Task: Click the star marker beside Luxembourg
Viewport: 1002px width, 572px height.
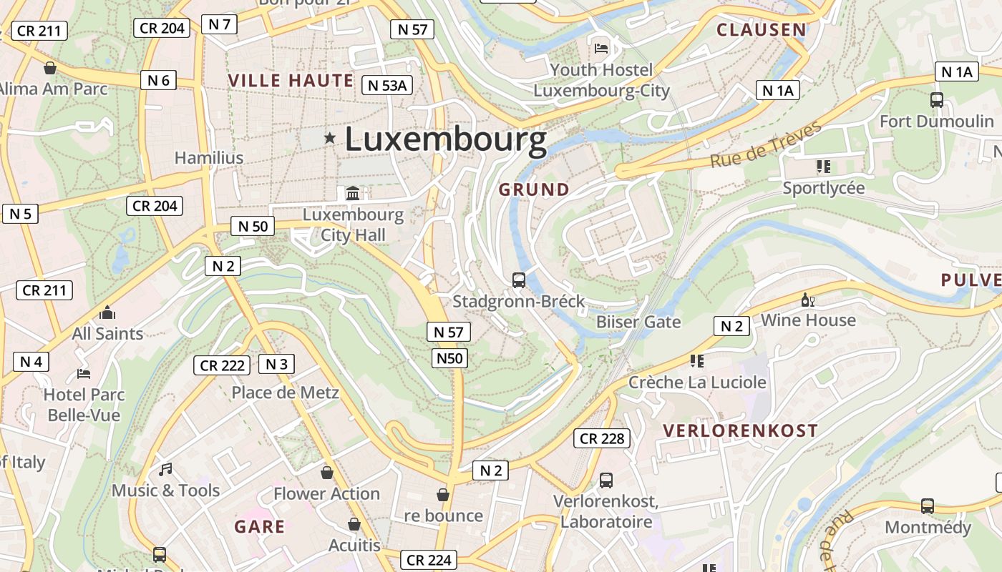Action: (329, 137)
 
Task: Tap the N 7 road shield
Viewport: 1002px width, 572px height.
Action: (219, 24)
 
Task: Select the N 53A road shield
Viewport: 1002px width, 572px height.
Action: (387, 85)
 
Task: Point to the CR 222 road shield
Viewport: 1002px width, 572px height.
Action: (223, 365)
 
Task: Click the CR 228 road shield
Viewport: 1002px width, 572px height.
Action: (602, 438)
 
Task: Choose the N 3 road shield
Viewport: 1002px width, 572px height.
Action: (276, 364)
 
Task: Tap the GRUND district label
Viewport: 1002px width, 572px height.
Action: (534, 189)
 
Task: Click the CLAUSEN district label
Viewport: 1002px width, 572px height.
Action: (762, 29)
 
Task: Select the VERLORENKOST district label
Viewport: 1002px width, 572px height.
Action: (740, 430)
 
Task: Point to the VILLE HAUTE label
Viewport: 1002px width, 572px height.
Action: (291, 80)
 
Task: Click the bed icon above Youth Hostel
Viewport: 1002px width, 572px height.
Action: (601, 49)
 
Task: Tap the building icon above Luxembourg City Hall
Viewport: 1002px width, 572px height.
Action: (353, 193)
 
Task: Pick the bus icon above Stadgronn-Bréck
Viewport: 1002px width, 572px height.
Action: (519, 280)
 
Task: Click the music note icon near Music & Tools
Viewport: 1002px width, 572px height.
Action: (165, 470)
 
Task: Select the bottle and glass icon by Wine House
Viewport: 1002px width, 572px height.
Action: (808, 300)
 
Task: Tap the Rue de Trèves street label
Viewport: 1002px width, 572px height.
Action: (766, 146)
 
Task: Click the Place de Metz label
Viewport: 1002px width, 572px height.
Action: (285, 393)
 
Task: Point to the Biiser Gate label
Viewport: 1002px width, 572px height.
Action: (638, 322)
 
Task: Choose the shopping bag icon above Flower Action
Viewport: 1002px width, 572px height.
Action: (327, 473)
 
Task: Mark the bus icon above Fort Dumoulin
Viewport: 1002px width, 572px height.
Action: (936, 100)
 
